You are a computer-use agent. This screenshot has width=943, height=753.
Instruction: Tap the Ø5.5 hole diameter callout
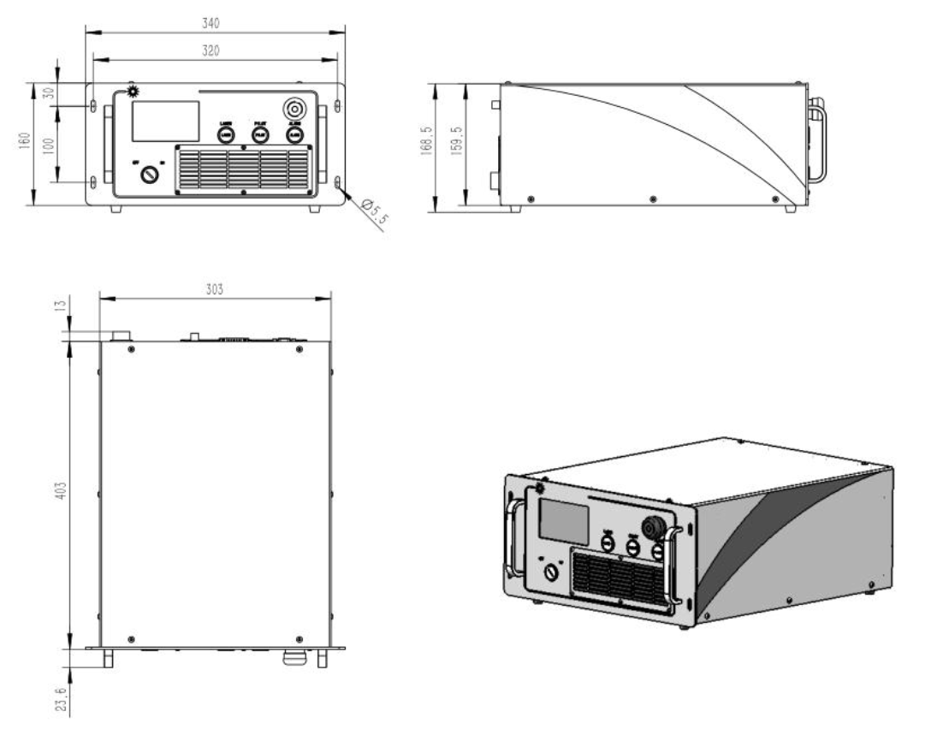pos(375,211)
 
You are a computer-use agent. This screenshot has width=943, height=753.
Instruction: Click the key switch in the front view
pos(151,175)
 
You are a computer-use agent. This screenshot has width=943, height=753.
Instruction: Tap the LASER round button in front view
pos(226,134)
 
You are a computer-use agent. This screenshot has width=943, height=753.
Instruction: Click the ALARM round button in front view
pos(294,134)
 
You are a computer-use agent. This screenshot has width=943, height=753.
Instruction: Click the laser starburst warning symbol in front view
pos(133,91)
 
